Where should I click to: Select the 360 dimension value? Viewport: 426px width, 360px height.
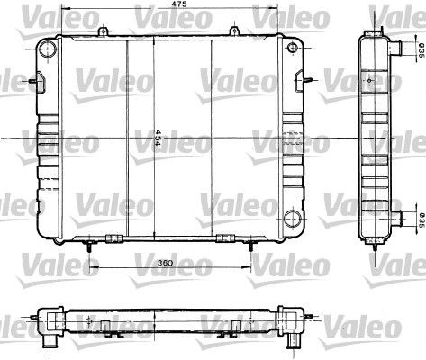click(x=164, y=263)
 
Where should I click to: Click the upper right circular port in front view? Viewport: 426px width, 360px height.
click(x=292, y=48)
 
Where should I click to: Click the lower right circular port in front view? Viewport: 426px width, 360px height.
click(x=292, y=219)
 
